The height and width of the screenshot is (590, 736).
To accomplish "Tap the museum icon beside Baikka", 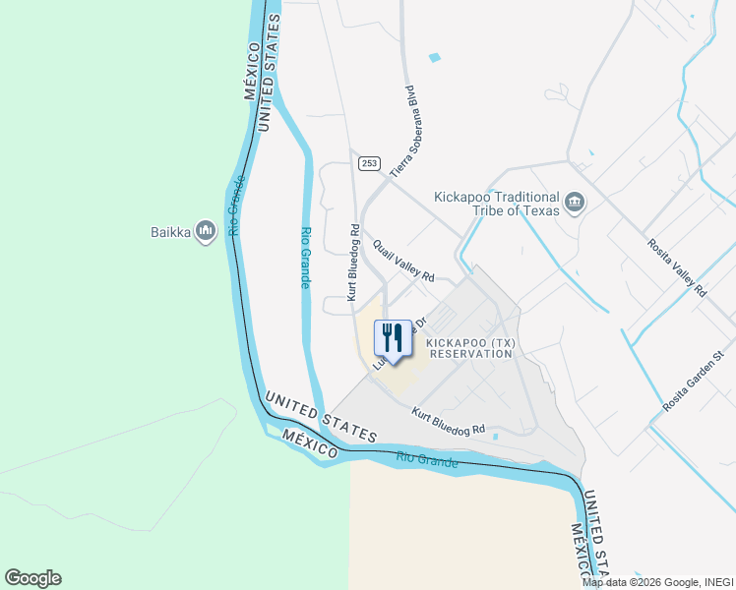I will tap(206, 231).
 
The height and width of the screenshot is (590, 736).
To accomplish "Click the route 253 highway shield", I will tap(368, 163).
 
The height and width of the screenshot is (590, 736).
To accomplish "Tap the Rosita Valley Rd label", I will tap(676, 266).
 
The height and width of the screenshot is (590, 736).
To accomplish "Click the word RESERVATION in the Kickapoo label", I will tap(472, 353).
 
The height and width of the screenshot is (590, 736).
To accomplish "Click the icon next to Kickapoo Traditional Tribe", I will tap(576, 205).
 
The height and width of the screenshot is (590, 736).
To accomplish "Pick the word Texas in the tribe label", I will tap(539, 210).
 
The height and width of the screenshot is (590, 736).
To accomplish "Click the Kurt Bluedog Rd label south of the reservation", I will tap(449, 423).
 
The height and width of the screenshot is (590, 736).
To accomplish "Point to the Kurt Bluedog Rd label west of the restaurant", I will tap(351, 262).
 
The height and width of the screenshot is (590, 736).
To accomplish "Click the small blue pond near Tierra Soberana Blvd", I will tap(435, 58).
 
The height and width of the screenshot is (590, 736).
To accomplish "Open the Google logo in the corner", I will tap(32, 578).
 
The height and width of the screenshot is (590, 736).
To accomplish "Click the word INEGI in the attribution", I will tap(717, 582).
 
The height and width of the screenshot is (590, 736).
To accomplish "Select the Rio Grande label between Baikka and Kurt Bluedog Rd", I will tap(305, 258).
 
